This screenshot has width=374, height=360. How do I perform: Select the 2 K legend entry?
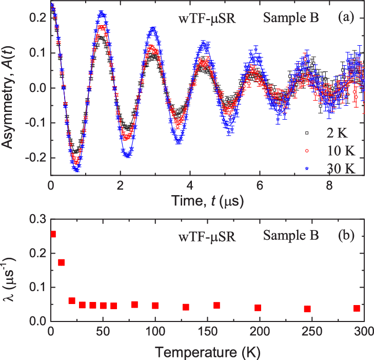click(330, 134)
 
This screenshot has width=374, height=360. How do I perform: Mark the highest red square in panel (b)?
click(53, 234)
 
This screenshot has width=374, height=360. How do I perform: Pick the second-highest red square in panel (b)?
click(61, 262)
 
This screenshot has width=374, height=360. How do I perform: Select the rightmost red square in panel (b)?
click(357, 308)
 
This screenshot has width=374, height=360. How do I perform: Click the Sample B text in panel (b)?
click(291, 237)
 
